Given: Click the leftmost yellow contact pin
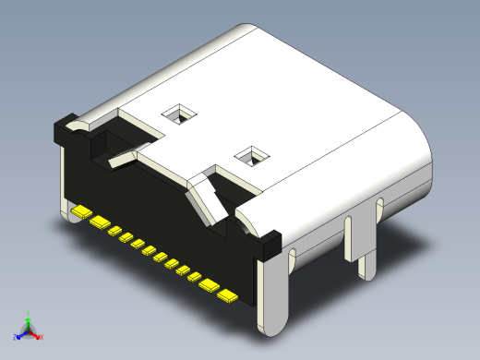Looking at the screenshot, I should tap(80, 213).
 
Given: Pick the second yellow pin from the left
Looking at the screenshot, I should tap(100, 223).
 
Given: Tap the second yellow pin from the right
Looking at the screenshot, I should tap(210, 285).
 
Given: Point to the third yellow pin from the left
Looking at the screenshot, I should tap(116, 233).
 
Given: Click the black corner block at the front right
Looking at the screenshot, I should tap(269, 243).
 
